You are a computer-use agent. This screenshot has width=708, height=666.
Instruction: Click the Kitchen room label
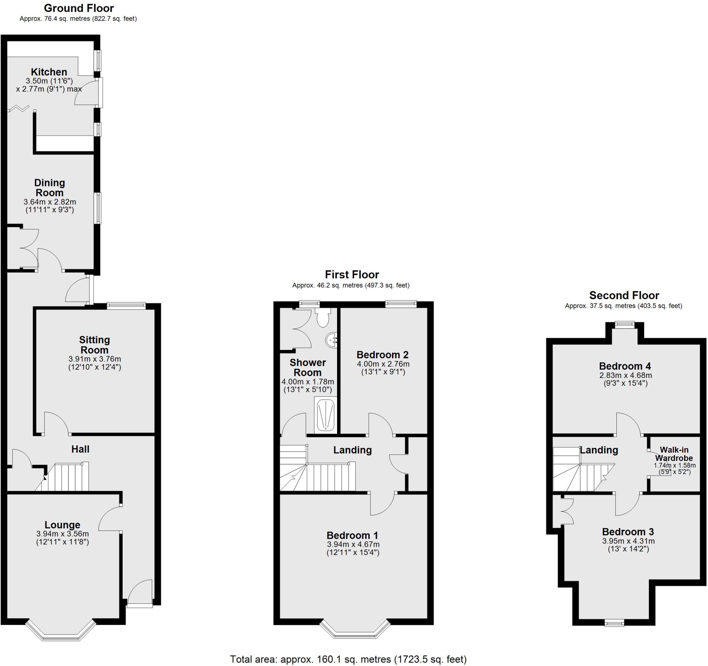pos(49,72)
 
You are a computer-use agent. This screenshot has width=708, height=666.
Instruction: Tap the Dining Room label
pos(49,188)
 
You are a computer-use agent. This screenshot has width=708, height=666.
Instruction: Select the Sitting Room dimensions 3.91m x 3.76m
pos(95,359)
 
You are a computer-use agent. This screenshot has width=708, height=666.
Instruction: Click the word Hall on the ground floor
pos(80,449)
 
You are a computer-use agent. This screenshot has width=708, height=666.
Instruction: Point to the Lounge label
pos(62,525)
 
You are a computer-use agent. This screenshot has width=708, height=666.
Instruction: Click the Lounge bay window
pos(60,632)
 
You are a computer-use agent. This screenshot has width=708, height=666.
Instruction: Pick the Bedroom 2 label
pos(382,355)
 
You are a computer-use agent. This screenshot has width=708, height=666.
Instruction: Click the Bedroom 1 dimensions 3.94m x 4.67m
pos(353,545)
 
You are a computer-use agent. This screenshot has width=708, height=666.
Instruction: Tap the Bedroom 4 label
pos(625,366)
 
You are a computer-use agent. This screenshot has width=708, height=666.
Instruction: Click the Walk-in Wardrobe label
pos(674,454)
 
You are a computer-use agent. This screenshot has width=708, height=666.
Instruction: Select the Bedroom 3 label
pos(628,532)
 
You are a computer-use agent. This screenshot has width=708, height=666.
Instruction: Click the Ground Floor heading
pos(79,8)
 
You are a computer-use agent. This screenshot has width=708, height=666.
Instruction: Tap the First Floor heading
pos(352,275)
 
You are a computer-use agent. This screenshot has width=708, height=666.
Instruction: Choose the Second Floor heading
pos(624,295)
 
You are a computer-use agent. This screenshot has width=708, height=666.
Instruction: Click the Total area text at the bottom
pos(348,659)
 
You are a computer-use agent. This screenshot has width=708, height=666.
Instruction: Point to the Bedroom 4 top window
pos(625,324)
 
